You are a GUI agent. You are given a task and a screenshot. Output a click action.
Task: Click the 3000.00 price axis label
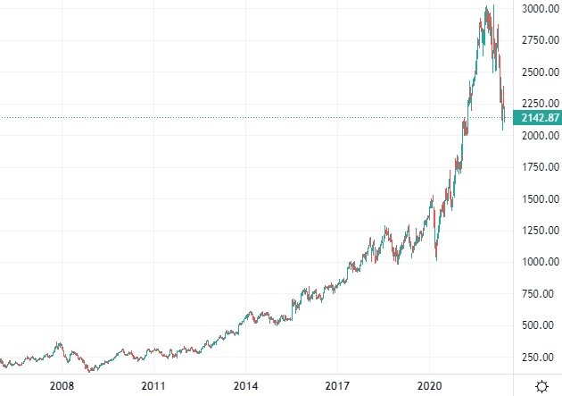[x=540, y=9]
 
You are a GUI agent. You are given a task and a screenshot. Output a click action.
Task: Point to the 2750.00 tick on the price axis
[x=540, y=40]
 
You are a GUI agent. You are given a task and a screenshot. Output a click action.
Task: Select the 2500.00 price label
[x=540, y=72]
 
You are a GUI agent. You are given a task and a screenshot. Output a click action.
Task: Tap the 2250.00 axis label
[x=540, y=104]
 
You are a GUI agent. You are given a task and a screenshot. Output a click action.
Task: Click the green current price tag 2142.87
[x=541, y=118]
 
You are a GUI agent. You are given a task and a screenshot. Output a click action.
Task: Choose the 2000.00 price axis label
[x=540, y=136]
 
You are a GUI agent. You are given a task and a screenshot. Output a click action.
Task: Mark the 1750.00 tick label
[x=540, y=167]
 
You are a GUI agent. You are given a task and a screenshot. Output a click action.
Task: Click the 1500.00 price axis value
[x=540, y=199]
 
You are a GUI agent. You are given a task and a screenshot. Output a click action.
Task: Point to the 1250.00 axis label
[x=540, y=231]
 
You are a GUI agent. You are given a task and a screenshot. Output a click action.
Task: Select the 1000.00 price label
[x=540, y=262]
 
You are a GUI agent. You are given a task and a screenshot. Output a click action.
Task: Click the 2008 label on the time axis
[x=62, y=386]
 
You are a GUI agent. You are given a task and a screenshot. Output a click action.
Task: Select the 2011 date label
[x=153, y=386]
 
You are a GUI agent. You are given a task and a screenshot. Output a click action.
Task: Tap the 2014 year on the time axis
[x=245, y=386]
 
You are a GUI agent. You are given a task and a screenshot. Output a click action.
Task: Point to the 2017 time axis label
[x=337, y=386]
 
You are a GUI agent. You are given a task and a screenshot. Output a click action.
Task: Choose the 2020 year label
[x=429, y=386]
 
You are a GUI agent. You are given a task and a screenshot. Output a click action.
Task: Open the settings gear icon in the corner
[x=541, y=386]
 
